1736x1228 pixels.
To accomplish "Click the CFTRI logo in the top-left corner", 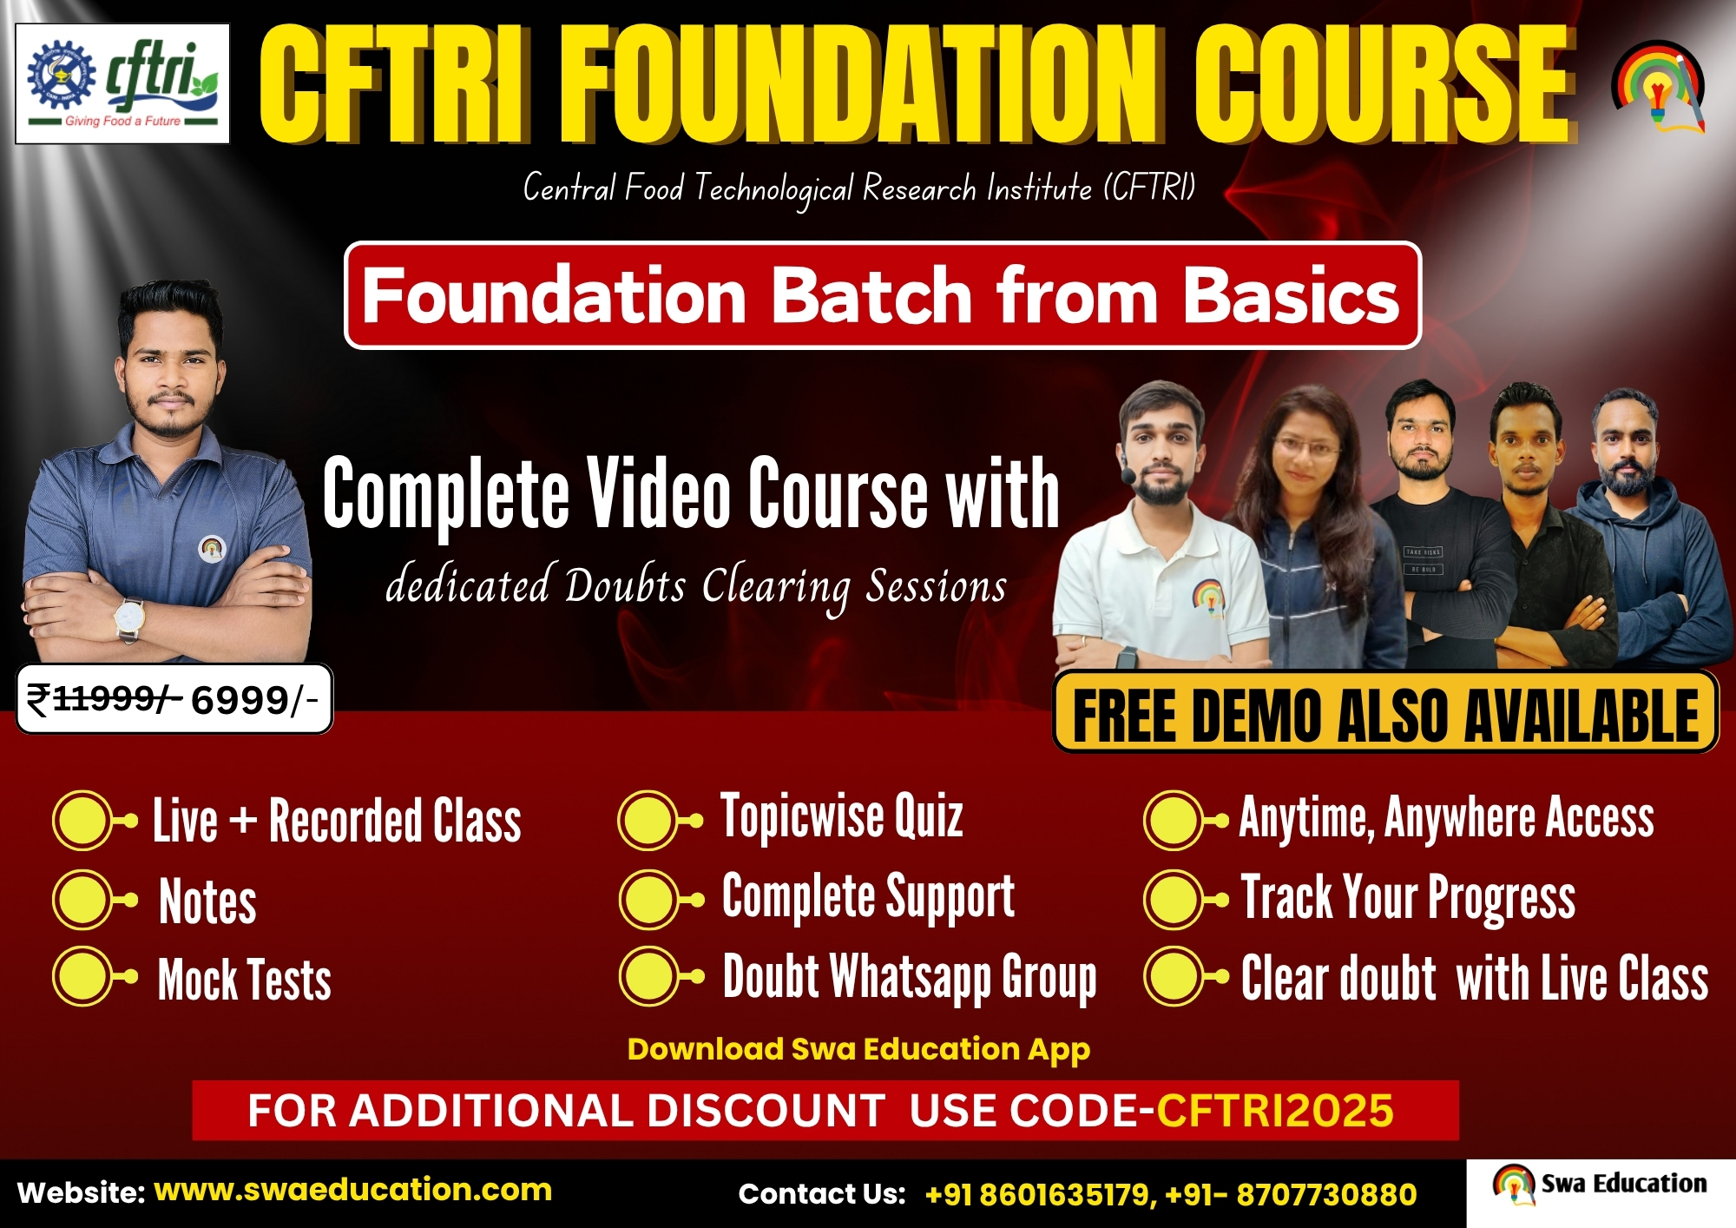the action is pyautogui.click(x=122, y=83).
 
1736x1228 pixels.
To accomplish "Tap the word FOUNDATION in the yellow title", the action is pyautogui.click(x=863, y=84).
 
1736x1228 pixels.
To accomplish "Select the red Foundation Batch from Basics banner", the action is pyautogui.click(x=882, y=295).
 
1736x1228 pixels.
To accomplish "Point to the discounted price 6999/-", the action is pyautogui.click(x=254, y=700).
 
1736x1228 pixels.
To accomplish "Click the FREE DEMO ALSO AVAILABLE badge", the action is pyautogui.click(x=1385, y=714).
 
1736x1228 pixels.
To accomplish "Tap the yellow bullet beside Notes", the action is pyautogui.click(x=83, y=900).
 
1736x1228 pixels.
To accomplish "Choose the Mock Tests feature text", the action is pyautogui.click(x=245, y=979).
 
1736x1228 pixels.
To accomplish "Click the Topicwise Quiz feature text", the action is pyautogui.click(x=842, y=816).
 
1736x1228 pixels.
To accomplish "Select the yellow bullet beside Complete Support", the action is pyautogui.click(x=649, y=900).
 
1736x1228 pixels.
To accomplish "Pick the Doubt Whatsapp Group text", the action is pyautogui.click(x=910, y=978).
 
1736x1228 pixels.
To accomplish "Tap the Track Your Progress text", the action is pyautogui.click(x=1408, y=897).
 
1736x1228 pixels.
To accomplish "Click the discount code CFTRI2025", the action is pyautogui.click(x=1275, y=1110).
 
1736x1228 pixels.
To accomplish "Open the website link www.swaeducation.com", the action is pyautogui.click(x=353, y=1189).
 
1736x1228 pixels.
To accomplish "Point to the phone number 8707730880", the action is pyautogui.click(x=1326, y=1195).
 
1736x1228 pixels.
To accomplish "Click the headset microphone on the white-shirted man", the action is pyautogui.click(x=1128, y=475).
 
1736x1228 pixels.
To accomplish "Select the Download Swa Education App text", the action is pyautogui.click(x=858, y=1049).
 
